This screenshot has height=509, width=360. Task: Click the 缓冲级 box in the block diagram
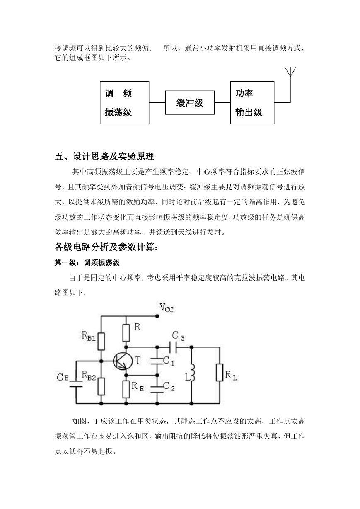click(190, 102)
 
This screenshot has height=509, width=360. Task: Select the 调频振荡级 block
click(124, 102)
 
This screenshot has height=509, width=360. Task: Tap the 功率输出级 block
click(252, 102)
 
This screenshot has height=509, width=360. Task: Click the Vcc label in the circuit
click(167, 308)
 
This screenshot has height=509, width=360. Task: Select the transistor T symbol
click(123, 361)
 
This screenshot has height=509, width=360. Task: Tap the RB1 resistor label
click(89, 336)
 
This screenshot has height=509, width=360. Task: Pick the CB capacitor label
click(63, 378)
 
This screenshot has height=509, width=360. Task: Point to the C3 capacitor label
click(178, 336)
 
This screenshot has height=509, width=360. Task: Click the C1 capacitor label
click(169, 361)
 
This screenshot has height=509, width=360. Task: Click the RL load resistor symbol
click(220, 373)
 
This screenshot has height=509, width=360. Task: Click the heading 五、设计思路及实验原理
click(104, 156)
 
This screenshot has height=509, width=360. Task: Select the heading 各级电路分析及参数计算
click(106, 247)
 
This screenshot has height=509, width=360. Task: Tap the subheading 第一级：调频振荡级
click(87, 263)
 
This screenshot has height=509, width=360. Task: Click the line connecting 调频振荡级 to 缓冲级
click(157, 102)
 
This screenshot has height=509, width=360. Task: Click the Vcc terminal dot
click(157, 316)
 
